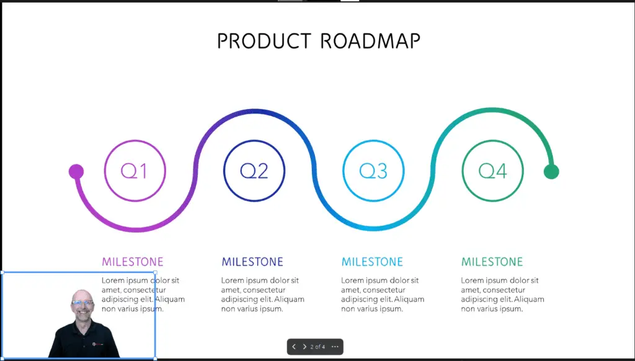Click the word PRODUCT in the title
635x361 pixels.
coord(264,41)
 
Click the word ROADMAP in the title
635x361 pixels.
coord(370,41)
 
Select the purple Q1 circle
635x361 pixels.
coord(135,140)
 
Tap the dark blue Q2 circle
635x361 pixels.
coord(254,140)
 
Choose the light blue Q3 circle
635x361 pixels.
coord(373,140)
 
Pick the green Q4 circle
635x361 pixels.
coord(492,140)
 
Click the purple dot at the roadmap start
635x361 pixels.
coord(76,171)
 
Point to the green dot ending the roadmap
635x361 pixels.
coord(551,171)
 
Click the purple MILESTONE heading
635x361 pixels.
coord(133,262)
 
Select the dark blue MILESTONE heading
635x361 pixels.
coord(252,262)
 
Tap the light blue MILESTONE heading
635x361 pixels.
coord(372,262)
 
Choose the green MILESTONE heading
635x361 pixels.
coord(492,262)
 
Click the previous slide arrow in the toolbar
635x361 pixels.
coord(294,347)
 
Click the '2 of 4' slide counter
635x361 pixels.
coord(317,347)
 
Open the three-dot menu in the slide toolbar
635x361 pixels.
coord(335,347)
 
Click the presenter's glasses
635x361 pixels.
coord(82,302)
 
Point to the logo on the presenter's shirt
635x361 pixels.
coord(97,344)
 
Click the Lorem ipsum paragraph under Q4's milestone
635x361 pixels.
coord(502,295)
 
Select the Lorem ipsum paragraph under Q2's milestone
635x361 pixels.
coord(263,295)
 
